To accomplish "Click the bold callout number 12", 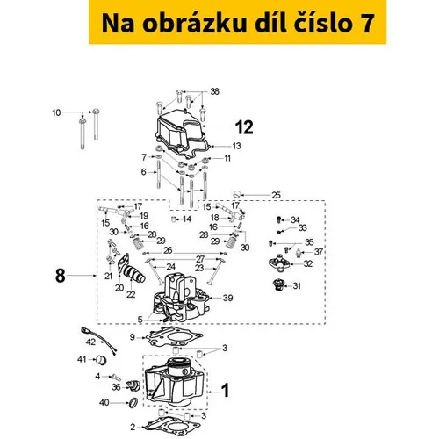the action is click(244, 127).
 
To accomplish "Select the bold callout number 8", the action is click(61, 276).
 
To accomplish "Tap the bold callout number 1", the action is click(225, 391).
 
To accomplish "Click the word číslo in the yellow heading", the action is click(322, 24).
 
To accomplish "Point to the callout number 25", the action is click(276, 195).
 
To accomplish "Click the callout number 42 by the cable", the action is click(90, 342).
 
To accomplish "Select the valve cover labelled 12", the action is click(182, 130).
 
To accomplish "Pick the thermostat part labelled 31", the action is click(277, 285).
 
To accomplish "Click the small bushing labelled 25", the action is click(237, 193).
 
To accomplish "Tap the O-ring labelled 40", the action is click(133, 403).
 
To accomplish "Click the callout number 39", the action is click(227, 298).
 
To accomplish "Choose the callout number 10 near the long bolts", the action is click(56, 112).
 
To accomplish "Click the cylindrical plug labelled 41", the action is click(101, 360).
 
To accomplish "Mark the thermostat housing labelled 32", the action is click(279, 263).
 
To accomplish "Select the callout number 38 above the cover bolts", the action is click(215, 91).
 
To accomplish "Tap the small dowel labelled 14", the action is click(175, 219).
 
